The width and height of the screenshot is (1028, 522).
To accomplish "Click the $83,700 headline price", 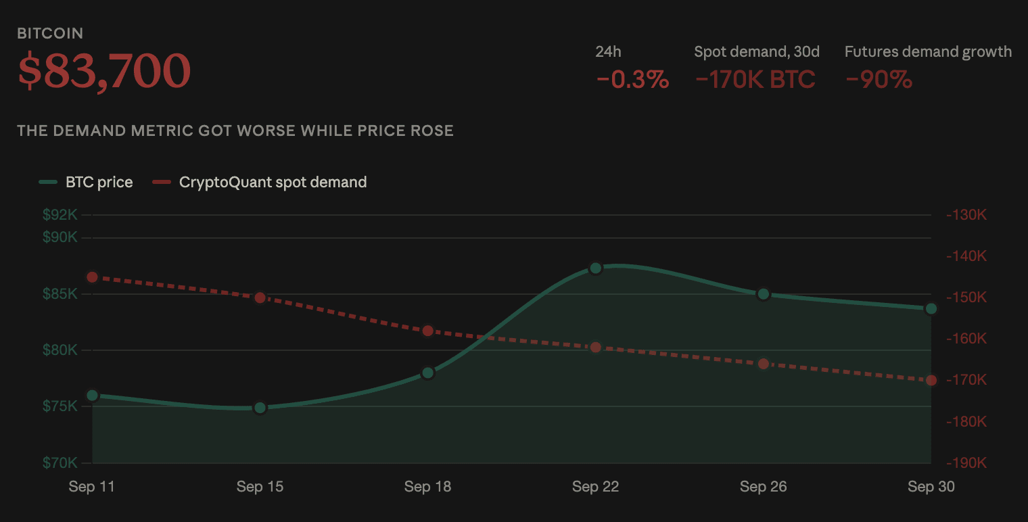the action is coord(103,71).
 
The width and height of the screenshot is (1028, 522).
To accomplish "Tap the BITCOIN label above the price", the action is coord(50,34).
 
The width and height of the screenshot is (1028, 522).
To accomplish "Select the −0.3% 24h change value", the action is coord(632,79).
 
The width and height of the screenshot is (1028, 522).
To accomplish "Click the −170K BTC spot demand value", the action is coord(755,79).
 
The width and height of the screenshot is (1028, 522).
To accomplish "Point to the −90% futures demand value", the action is coord(879,79).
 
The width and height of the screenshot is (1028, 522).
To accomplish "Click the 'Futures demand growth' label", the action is coord(928,52).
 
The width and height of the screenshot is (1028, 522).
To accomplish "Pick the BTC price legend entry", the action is coord(86,182).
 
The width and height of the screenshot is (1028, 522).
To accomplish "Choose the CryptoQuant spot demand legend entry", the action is coord(260,182).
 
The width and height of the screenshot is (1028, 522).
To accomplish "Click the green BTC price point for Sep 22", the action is coord(596,268).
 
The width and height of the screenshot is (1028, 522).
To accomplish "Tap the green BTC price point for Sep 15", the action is coord(260,408).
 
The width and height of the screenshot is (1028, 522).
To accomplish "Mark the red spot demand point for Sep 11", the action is coord(92,277).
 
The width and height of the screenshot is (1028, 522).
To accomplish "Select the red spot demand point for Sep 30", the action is coord(931,380).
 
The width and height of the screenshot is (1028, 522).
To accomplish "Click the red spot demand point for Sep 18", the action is coord(427,331).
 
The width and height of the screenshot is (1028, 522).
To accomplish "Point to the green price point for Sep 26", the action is coord(763,294).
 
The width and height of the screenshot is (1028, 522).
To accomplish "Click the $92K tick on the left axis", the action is coord(60,214).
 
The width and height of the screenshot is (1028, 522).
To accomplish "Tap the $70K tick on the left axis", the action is coord(60,462).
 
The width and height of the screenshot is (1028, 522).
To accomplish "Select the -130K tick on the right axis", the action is coord(966,214).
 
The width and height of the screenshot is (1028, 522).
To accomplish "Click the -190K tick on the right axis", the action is coord(966,462).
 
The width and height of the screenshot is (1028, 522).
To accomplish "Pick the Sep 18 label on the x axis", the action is coord(427,486).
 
